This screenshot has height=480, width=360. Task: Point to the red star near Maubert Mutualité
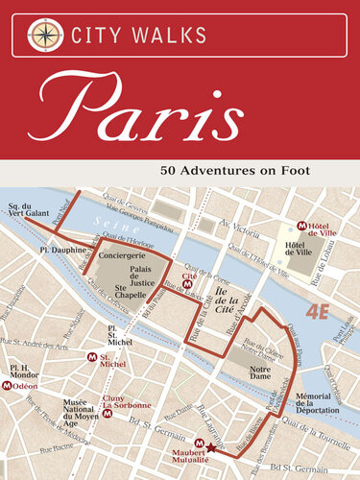[x=211, y=447]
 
